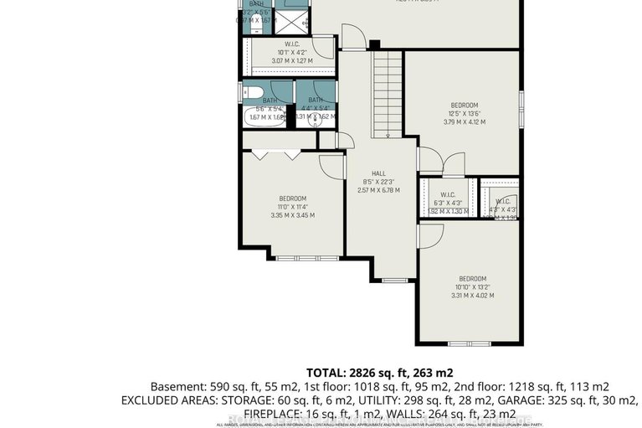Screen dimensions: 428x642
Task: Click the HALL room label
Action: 378,173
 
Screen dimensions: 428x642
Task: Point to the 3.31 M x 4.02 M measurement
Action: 472,295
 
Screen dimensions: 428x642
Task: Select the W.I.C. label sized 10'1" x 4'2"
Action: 292,44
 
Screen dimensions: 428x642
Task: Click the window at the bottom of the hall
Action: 392,280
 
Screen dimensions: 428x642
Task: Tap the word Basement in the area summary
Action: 177,386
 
